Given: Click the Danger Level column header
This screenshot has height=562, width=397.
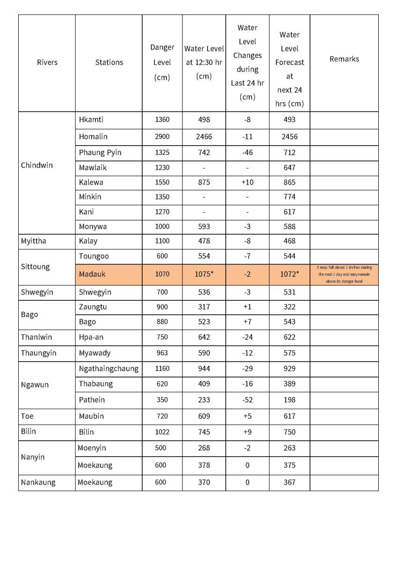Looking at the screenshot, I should click(162, 62).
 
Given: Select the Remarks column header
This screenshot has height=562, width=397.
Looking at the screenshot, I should click(344, 59).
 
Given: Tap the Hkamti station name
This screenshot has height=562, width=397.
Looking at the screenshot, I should click(91, 119).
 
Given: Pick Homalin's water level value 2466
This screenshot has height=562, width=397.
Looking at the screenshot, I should click(204, 137).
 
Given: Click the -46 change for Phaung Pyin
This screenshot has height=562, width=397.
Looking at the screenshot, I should click(247, 153).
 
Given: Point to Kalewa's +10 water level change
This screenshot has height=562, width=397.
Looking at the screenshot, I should click(247, 182).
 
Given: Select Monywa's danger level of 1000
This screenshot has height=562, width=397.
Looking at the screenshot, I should click(162, 227).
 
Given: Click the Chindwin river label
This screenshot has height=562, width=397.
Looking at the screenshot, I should click(37, 165).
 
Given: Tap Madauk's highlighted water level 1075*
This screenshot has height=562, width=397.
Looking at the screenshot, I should click(204, 274).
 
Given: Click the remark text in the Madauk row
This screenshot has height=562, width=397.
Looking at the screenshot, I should click(344, 274).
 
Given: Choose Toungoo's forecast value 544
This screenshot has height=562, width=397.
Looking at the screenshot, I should click(289, 256).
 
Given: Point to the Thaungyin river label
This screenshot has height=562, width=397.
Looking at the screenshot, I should click(38, 353).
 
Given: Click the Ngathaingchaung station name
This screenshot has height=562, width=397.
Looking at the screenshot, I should click(108, 369).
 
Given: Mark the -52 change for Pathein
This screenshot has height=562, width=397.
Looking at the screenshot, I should click(247, 400).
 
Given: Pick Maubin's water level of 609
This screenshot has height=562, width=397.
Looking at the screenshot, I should click(204, 416).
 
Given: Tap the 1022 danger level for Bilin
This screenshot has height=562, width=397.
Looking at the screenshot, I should click(162, 432).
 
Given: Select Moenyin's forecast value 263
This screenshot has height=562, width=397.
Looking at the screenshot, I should click(289, 448).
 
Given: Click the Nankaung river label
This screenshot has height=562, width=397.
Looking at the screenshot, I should click(38, 482).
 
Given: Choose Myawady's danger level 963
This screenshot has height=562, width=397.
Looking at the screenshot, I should click(162, 353).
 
